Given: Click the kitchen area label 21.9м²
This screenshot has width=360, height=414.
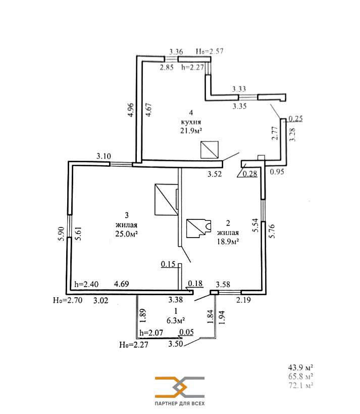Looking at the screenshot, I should point(191,131).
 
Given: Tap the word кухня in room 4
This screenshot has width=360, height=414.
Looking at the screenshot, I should point(191,122).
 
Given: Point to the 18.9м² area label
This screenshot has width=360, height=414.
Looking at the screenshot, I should point(228,241).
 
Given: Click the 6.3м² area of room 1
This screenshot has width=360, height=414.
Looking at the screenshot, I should point(175,320).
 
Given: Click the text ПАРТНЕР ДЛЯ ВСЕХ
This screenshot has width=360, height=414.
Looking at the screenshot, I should point(180,404).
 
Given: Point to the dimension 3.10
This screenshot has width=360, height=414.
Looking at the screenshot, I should point(104,156).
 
